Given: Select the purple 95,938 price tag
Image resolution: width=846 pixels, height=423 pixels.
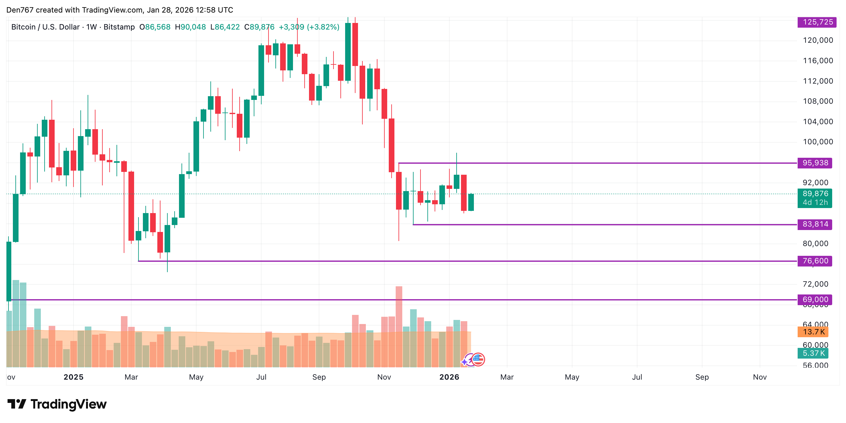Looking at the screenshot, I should [x=815, y=163].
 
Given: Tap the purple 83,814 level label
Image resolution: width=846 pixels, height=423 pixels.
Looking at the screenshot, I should [x=815, y=224].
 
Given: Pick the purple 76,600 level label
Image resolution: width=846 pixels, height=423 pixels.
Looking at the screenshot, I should [x=815, y=261].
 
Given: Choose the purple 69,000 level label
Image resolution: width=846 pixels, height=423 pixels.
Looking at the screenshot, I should [x=815, y=299].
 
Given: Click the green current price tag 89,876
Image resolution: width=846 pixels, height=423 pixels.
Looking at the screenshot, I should [x=815, y=194].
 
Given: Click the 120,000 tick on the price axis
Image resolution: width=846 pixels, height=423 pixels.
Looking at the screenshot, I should [x=818, y=40].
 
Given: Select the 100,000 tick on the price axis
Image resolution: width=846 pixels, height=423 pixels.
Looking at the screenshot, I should [x=818, y=142].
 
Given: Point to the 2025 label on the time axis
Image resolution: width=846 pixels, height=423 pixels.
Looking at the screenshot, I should [x=73, y=377].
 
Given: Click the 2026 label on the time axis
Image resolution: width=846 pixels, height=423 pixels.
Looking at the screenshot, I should [x=449, y=377].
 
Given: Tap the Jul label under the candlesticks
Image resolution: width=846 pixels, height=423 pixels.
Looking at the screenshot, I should [x=261, y=377].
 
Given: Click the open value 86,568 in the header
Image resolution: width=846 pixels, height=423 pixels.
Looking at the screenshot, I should [x=158, y=27].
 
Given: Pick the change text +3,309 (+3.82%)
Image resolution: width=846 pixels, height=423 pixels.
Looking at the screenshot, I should [x=309, y=27].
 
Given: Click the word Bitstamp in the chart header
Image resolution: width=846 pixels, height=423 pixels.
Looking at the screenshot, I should [x=119, y=27].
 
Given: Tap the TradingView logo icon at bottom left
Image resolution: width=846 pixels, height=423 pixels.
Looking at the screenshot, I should [x=16, y=404].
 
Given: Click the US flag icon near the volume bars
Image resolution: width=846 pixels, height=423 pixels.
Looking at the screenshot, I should [x=478, y=359].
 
